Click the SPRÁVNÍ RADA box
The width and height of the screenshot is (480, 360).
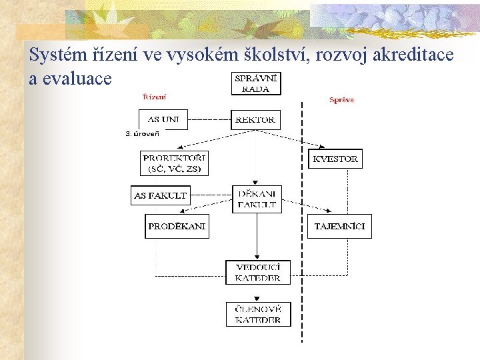coord(257,83)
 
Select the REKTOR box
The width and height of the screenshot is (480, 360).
coord(255,120)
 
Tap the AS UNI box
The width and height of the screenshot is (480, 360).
coord(163,119)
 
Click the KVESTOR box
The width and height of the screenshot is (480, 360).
coord(335,159)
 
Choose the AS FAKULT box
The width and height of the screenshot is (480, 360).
coord(161,195)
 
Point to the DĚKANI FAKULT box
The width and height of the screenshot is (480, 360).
coord(257,199)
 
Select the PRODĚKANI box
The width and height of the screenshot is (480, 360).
coord(177,227)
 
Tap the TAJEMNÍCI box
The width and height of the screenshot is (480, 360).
coord(339,227)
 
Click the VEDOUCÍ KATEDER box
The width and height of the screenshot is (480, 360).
coord(258,272)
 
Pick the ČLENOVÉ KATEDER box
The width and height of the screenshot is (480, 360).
coord(258,314)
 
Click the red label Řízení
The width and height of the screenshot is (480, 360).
coord(155,97)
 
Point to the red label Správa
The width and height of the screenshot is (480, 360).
coord(341,100)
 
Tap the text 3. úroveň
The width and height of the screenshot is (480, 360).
coord(142,134)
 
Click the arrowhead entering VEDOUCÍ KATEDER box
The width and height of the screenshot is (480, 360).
coord(257,257)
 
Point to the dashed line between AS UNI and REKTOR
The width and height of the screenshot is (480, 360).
coord(209,120)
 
